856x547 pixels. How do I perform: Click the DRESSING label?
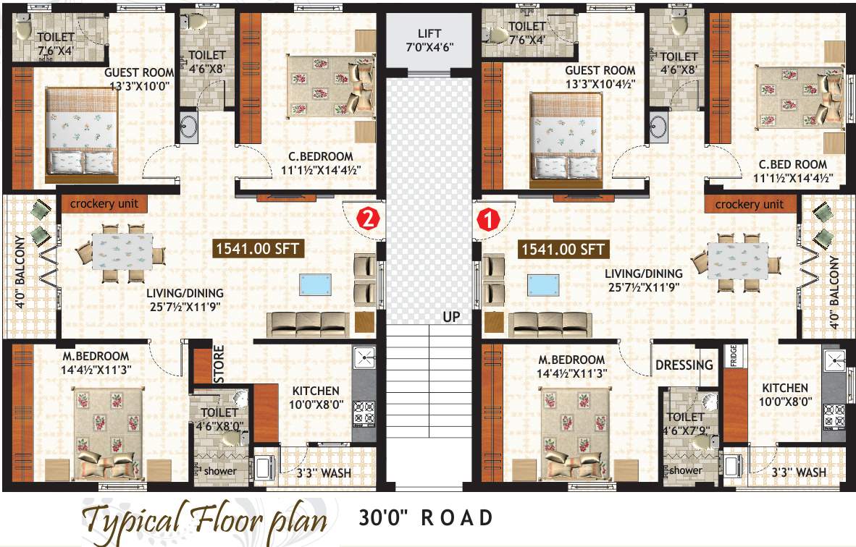click(684, 365)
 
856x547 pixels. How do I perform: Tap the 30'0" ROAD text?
click(427, 518)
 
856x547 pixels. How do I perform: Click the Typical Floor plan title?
click(204, 520)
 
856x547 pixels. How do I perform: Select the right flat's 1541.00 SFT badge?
click(563, 250)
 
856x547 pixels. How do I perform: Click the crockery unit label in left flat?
click(104, 204)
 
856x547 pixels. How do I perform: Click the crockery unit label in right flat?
click(750, 205)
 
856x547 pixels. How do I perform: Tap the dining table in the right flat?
click(737, 260)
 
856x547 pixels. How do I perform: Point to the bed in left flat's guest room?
click(81, 134)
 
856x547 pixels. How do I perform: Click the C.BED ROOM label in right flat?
click(793, 171)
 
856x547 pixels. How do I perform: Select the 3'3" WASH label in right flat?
click(799, 472)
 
